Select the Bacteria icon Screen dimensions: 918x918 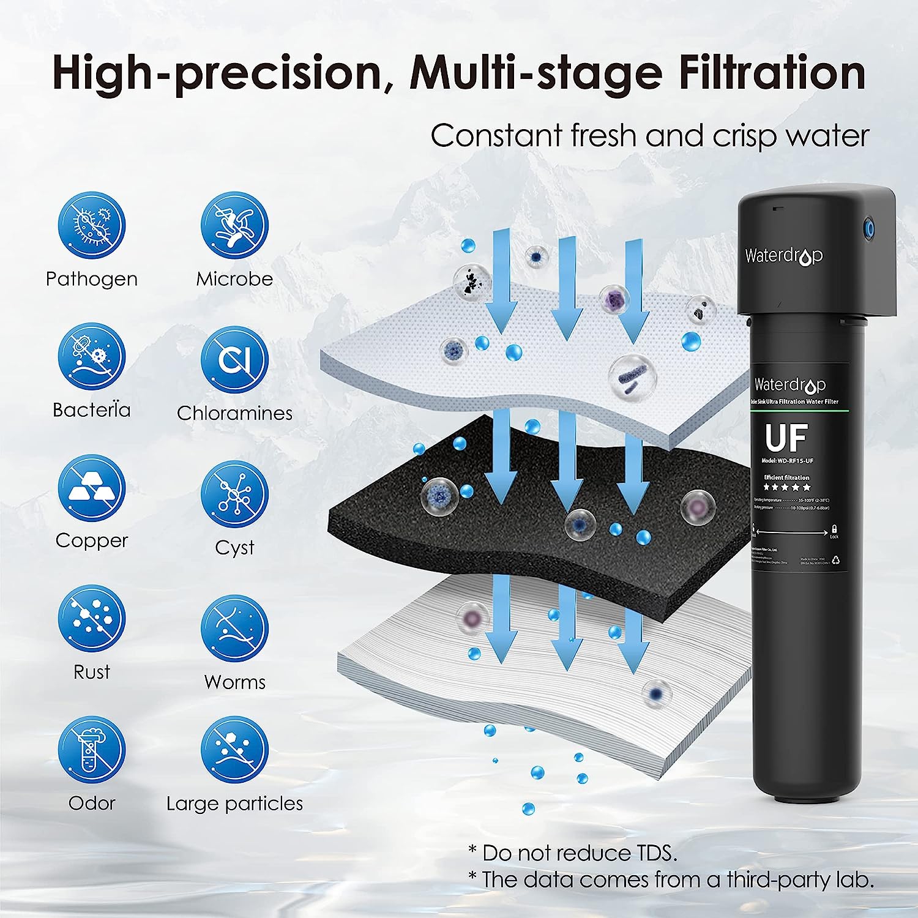click(x=92, y=356)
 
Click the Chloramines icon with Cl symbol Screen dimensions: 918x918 click(x=234, y=359)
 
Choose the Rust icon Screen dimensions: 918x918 click(x=92, y=619)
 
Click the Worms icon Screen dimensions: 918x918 click(x=234, y=629)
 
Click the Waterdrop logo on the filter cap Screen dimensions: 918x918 click(x=783, y=256)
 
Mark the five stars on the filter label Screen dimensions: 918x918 click(x=786, y=487)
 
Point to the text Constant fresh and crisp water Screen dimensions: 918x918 click(x=649, y=136)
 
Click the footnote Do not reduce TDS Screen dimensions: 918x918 click(x=572, y=853)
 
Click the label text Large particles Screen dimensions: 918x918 click(x=234, y=804)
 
